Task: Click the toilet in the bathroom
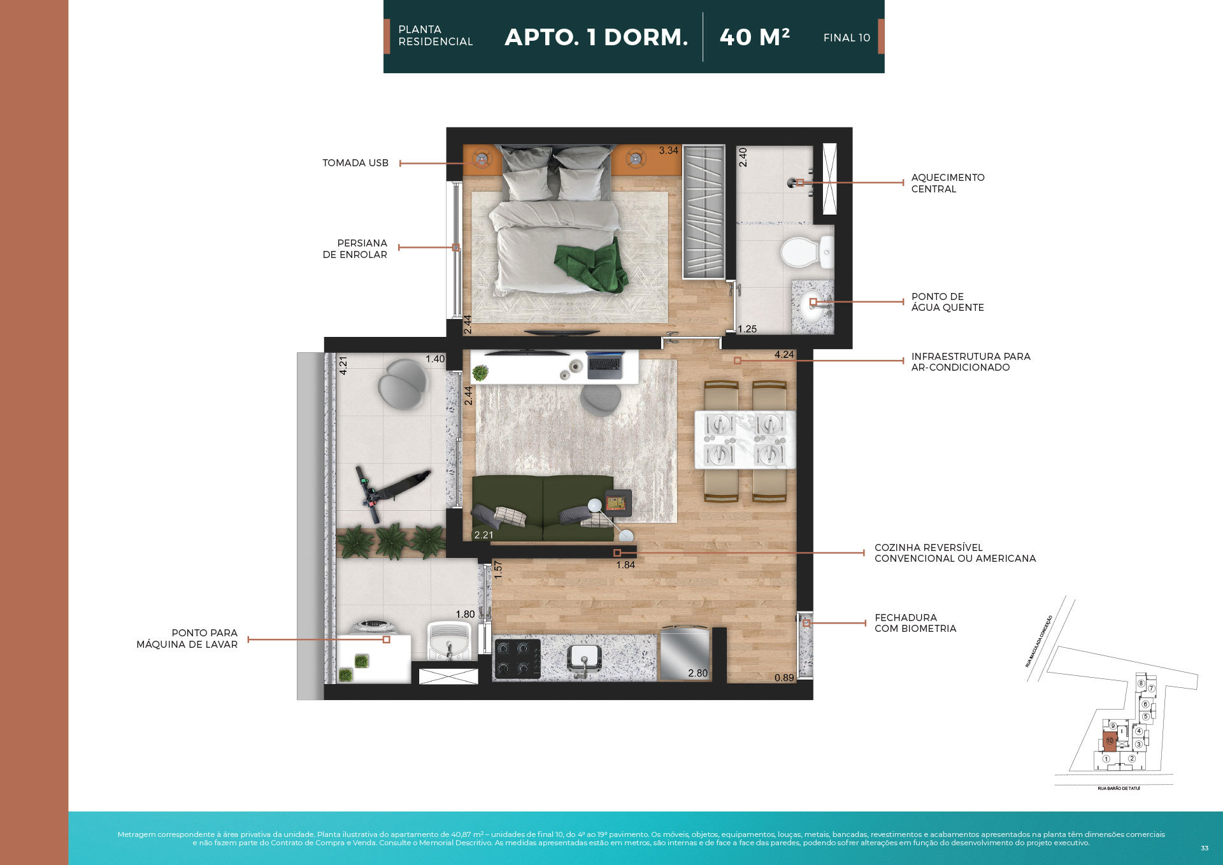(x=804, y=252)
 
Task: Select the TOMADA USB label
(x=355, y=163)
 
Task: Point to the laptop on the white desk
(x=604, y=364)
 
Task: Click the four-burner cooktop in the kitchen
(x=517, y=659)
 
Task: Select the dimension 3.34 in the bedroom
(x=668, y=151)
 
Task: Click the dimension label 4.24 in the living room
(x=784, y=355)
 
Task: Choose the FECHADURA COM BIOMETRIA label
(x=915, y=623)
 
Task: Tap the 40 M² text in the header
(x=754, y=38)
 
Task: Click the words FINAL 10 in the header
(x=847, y=38)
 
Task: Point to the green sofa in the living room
(x=543, y=508)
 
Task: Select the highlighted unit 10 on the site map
(x=1110, y=741)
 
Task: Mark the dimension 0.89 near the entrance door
(x=784, y=678)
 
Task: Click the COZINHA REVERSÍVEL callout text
(x=954, y=553)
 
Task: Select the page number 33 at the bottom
(x=1204, y=848)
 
